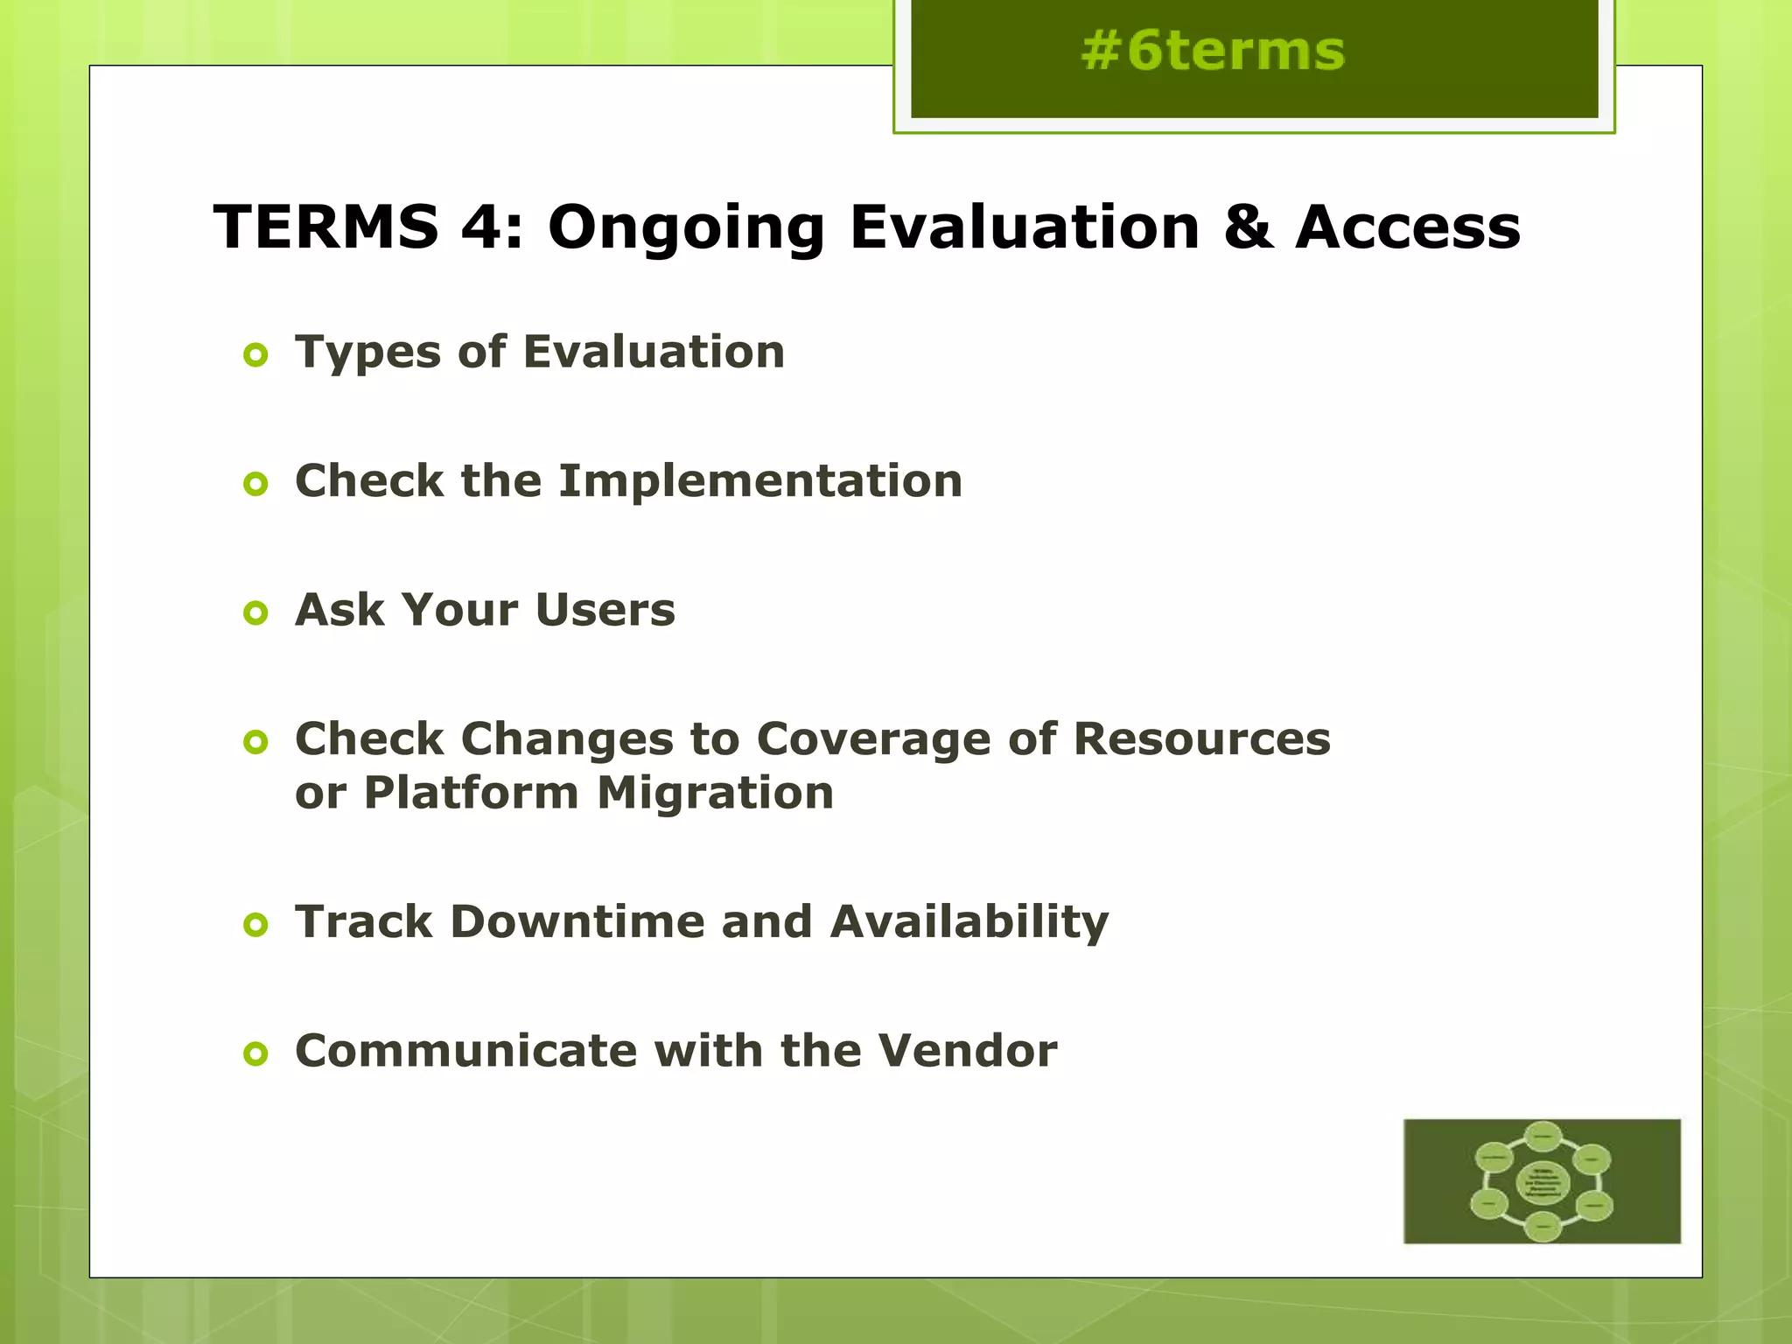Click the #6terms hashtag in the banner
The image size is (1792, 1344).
[1212, 51]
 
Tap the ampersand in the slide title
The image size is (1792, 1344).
[1248, 227]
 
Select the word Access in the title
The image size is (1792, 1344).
[1407, 227]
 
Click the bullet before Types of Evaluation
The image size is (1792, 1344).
[255, 355]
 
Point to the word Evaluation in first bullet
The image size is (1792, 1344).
[654, 352]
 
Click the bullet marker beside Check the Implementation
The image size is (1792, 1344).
[255, 484]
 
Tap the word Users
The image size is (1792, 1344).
[605, 610]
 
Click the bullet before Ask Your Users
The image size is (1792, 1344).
[255, 612]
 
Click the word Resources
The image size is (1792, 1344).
[1200, 738]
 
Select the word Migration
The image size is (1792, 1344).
[715, 793]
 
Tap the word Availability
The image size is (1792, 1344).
[969, 923]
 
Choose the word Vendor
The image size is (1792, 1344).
[967, 1050]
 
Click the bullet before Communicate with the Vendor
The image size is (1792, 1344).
[255, 1053]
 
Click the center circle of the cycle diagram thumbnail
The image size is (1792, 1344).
[1542, 1183]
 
